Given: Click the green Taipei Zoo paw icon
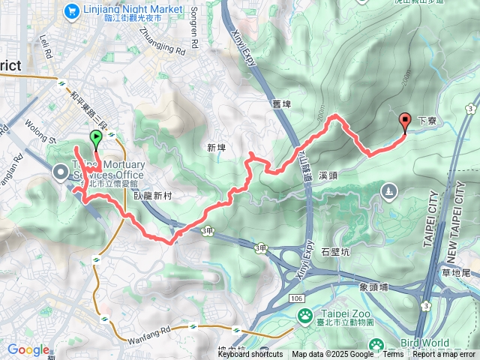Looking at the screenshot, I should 305,318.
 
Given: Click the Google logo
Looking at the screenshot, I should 28,349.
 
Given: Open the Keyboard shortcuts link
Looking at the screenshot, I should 250,355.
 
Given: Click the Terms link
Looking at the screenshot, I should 392,355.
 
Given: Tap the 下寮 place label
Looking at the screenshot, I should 426,120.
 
